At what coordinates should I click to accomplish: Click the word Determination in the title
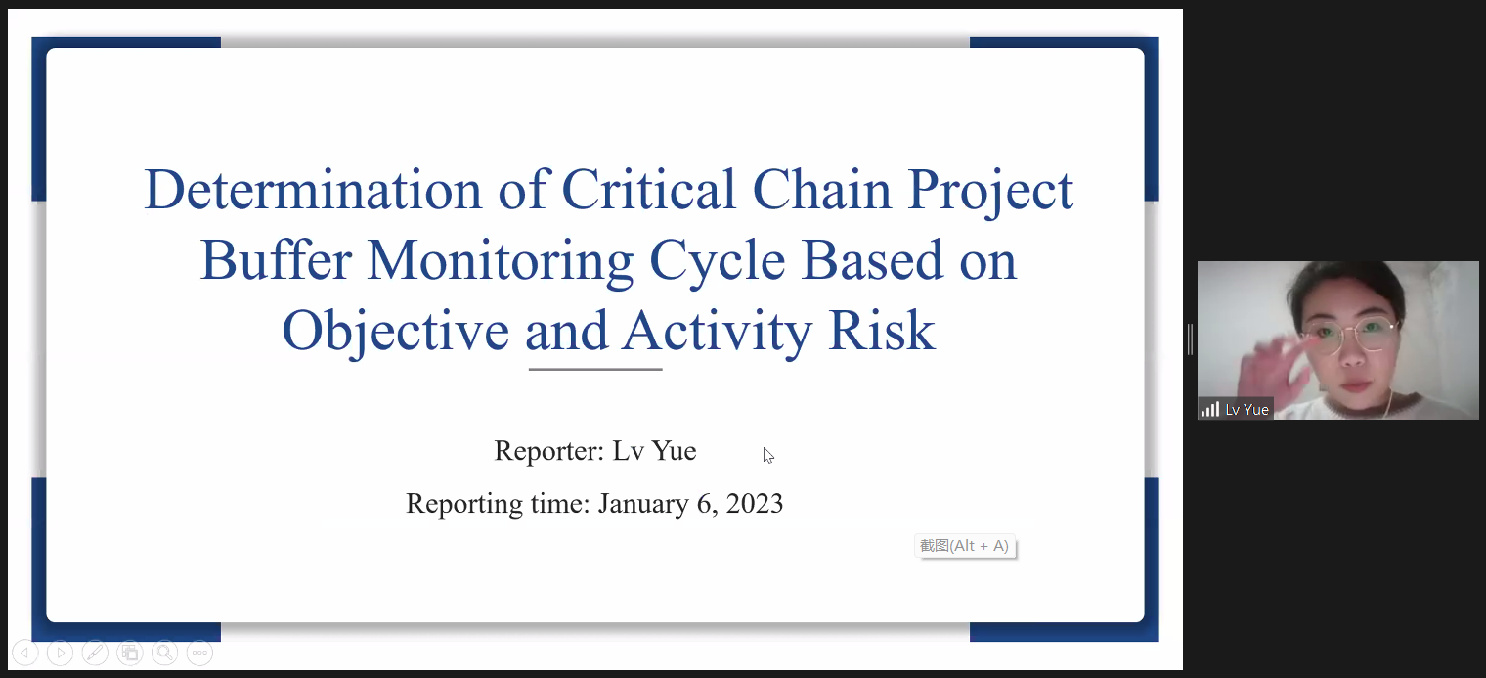313,190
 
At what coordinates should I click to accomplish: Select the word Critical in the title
649,190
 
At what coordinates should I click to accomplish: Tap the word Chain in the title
821,190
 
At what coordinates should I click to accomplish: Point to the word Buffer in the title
276,260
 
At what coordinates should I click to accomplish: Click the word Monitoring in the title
501,261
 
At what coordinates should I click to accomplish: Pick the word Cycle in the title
718,261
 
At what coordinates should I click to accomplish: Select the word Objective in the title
395,332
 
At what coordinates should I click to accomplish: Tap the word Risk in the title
881,331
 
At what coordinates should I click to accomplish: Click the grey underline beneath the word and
595,369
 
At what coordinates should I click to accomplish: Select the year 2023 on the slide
755,503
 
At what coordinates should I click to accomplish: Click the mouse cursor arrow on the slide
767,455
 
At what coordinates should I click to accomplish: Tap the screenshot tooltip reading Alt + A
965,546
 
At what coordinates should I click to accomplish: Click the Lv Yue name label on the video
1246,410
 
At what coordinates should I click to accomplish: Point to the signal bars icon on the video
1210,409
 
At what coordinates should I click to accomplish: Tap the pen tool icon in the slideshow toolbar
95,653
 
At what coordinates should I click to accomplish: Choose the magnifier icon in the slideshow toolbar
164,653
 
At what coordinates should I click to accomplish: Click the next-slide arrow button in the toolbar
61,653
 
